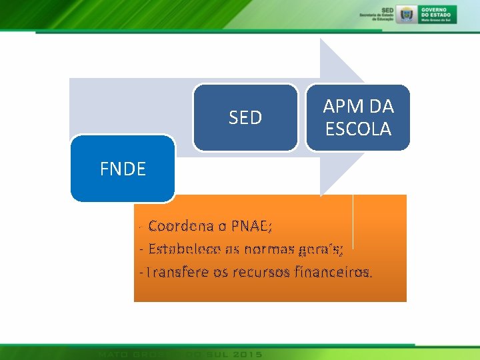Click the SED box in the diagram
coord(245,118)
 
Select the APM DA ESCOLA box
coord(358,117)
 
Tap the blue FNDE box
coord(123,169)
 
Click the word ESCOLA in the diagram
coord(358,129)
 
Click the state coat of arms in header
coord(406,13)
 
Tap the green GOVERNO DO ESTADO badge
coord(438,13)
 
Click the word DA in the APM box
coord(381,106)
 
